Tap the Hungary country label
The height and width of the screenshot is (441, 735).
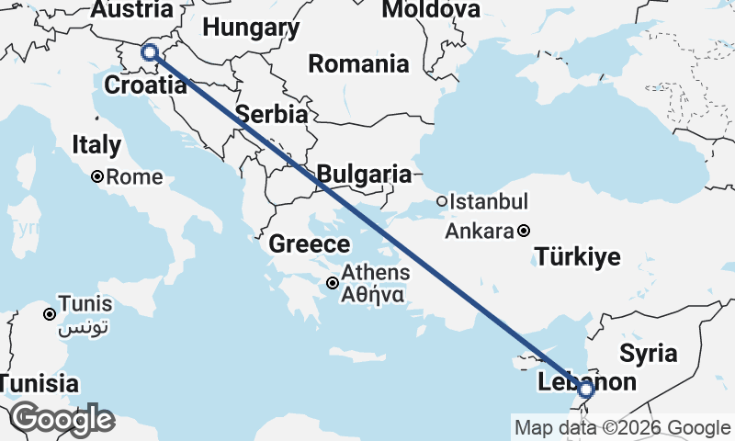pyautogui.click(x=251, y=28)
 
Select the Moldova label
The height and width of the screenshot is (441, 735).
pyautogui.click(x=431, y=10)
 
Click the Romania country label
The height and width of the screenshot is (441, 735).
pyautogui.click(x=358, y=64)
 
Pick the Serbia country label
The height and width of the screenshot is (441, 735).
pyautogui.click(x=271, y=115)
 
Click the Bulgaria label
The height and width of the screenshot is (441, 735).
pyautogui.click(x=364, y=174)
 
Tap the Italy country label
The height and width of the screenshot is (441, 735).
pyautogui.click(x=96, y=145)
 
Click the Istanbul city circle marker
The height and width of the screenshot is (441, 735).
pyautogui.click(x=442, y=201)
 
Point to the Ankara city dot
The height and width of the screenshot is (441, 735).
pyautogui.click(x=523, y=232)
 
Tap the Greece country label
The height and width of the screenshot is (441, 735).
pyautogui.click(x=310, y=244)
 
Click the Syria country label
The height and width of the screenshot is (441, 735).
pyautogui.click(x=648, y=353)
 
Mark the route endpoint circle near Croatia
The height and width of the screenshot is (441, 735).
pyautogui.click(x=150, y=53)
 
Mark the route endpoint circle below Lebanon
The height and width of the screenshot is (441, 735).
pyautogui.click(x=587, y=391)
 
